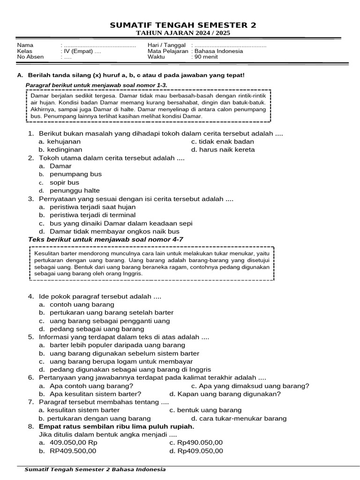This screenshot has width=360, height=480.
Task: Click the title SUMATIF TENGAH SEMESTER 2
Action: click(183, 25)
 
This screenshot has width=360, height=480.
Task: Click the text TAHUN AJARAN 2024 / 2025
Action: click(183, 33)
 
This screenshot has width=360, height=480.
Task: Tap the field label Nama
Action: click(25, 45)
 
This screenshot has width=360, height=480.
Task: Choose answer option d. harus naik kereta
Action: click(223, 150)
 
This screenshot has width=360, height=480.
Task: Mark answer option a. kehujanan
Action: click(60, 141)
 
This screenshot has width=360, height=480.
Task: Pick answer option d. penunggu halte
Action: click(69, 191)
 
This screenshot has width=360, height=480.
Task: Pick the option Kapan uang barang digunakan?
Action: click(225, 394)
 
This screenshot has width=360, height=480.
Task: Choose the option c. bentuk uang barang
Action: click(205, 410)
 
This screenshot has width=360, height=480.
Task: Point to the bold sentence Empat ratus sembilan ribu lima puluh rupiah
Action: click(116, 427)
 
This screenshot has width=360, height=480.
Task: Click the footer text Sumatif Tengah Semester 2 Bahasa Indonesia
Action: click(95, 469)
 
